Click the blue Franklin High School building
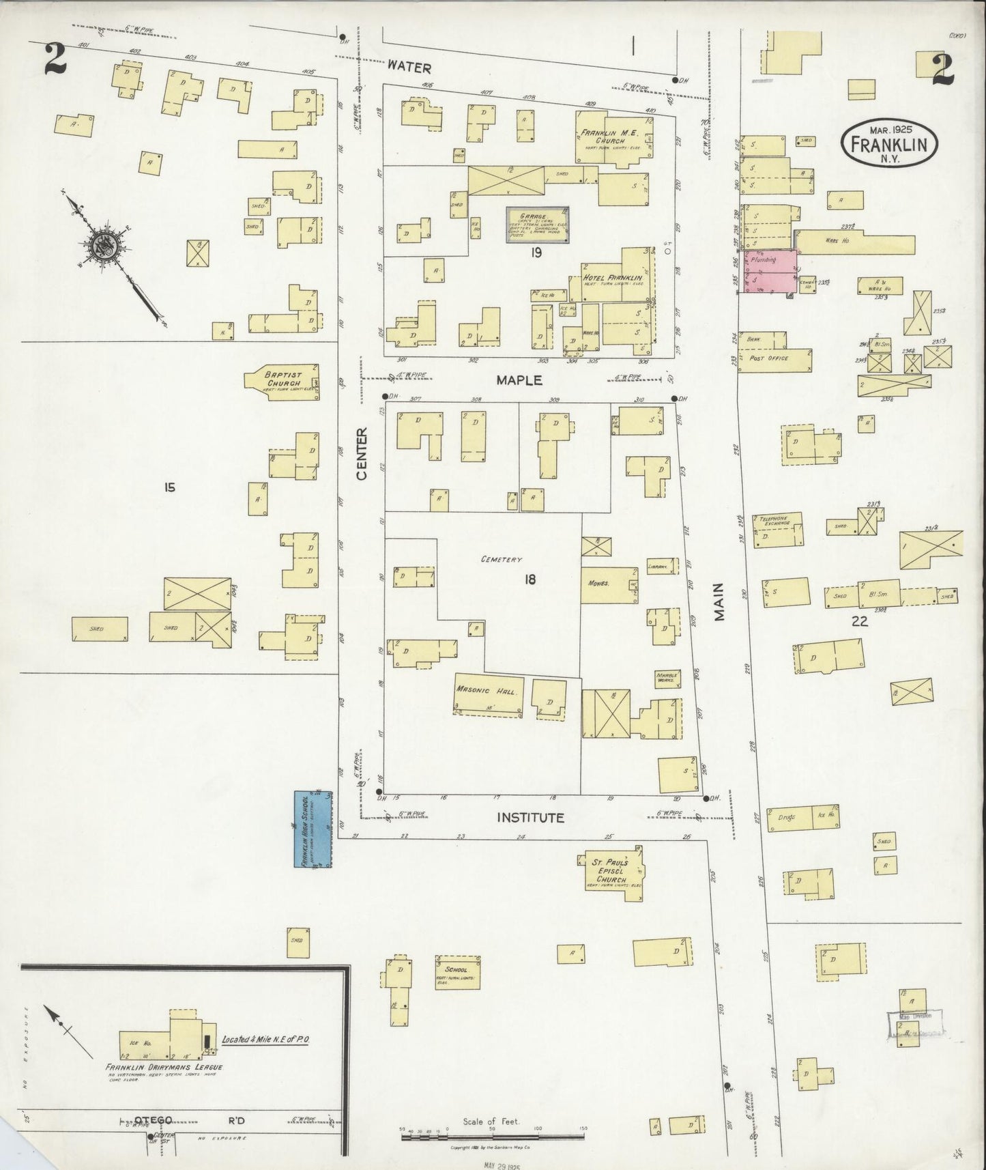click(x=313, y=829)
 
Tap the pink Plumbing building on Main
click(x=770, y=272)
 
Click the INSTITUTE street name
click(x=530, y=817)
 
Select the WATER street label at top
click(x=409, y=67)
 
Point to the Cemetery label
click(x=502, y=559)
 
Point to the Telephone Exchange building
click(x=778, y=529)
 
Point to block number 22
click(x=858, y=620)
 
